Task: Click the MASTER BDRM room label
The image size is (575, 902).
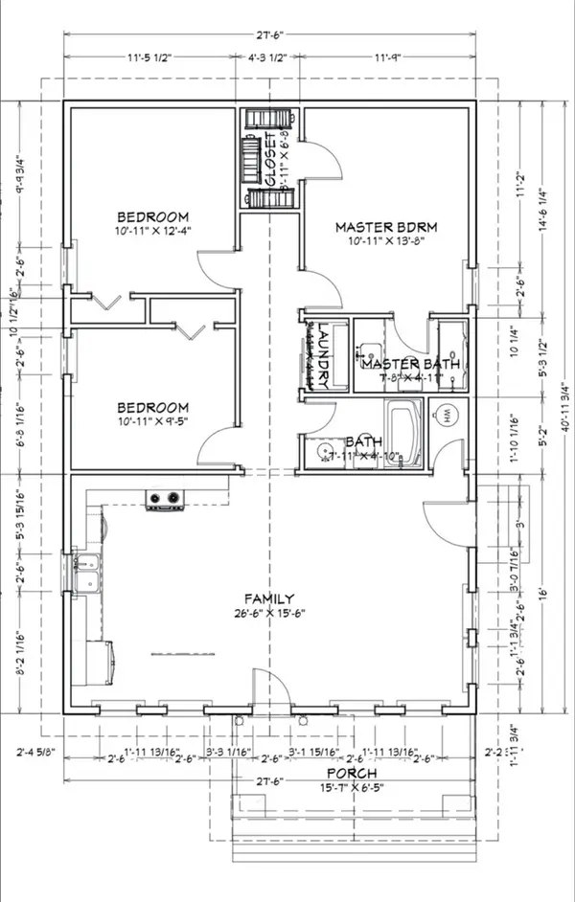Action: coord(386,227)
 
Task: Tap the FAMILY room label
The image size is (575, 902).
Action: coord(269,598)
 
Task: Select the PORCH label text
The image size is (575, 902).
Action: coord(350,773)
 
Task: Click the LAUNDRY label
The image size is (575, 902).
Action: coord(325,353)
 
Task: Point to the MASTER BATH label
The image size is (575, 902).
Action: coord(410,365)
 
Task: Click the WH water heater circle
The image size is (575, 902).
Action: coord(448,416)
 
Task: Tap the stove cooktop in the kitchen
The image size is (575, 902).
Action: coord(163,499)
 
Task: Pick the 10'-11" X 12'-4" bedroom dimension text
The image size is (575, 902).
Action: coord(153,231)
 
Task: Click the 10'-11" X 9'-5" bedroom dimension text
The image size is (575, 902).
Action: coord(153,420)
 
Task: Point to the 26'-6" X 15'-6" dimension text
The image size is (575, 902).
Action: coord(269,614)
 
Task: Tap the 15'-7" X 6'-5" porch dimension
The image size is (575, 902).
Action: coord(350,787)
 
